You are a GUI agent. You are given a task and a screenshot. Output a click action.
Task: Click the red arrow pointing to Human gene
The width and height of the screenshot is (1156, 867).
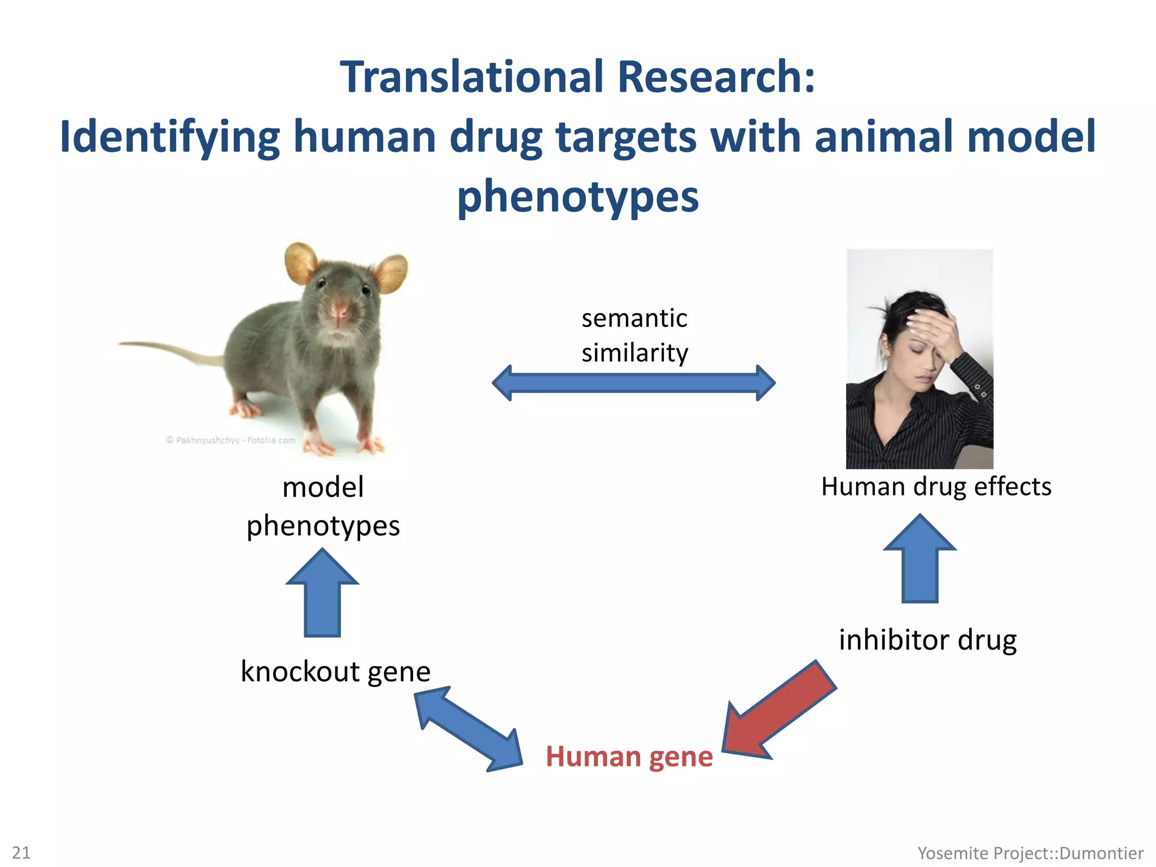point(779,711)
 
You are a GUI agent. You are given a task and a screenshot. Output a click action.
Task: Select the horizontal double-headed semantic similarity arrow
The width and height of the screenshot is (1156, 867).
point(633,383)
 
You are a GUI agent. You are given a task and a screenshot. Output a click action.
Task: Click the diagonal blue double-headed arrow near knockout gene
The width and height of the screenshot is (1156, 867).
point(468,728)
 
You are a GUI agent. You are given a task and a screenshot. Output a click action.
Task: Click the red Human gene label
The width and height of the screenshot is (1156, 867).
point(629,756)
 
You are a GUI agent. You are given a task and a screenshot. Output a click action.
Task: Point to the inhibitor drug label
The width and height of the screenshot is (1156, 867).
point(927,640)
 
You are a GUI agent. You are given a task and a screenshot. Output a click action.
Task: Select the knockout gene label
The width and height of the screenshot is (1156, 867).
point(335,672)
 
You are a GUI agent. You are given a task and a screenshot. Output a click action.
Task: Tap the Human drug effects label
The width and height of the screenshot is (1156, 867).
point(936,487)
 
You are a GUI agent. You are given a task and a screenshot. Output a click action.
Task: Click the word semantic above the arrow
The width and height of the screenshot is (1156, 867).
point(634,318)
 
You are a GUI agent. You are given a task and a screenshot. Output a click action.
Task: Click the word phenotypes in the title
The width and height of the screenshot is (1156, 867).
point(577,196)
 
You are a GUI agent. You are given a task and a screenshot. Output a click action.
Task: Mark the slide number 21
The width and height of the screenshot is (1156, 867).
point(21,852)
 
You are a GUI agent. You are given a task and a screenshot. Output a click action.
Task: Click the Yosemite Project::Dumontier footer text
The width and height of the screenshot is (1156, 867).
point(1030,853)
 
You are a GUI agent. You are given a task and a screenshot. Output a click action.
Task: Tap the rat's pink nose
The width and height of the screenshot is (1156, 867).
point(339,310)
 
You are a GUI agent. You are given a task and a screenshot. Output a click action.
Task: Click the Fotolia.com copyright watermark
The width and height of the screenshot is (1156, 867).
point(230,440)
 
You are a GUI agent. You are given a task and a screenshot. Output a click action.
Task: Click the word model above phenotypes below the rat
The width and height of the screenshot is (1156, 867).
point(323,487)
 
